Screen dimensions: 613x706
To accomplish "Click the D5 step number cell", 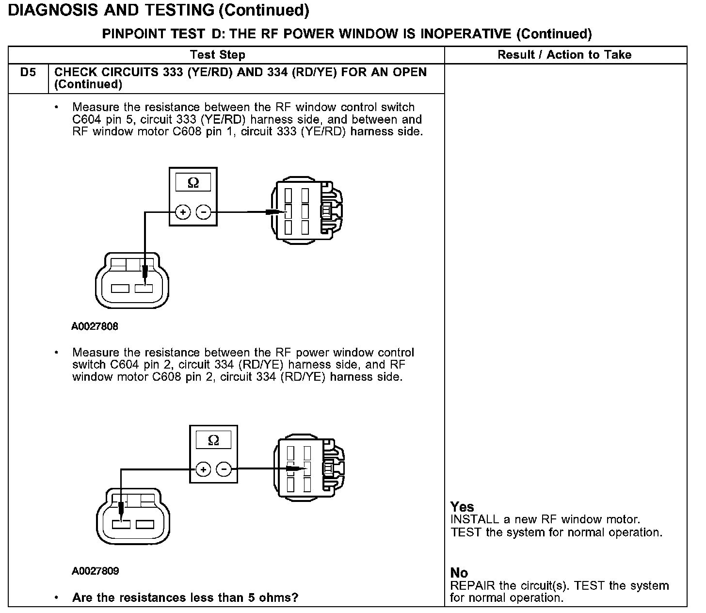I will pyautogui.click(x=28, y=73).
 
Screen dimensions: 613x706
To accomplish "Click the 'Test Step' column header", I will pyautogui.click(x=218, y=55).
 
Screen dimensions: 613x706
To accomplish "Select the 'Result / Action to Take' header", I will pyautogui.click(x=564, y=55).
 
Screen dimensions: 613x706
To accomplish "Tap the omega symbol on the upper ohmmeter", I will pyautogui.click(x=193, y=183).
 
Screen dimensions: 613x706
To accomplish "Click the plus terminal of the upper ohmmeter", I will pyautogui.click(x=182, y=212).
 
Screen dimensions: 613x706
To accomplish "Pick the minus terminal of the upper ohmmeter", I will pyautogui.click(x=203, y=212).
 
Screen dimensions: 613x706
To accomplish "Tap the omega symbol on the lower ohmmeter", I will pyautogui.click(x=213, y=440).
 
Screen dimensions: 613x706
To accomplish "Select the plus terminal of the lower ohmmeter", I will pyautogui.click(x=203, y=469).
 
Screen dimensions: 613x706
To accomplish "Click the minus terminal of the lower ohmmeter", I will pyautogui.click(x=224, y=469).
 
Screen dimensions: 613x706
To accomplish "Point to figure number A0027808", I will pyautogui.click(x=95, y=326).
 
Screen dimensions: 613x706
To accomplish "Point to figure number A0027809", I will pyautogui.click(x=95, y=571).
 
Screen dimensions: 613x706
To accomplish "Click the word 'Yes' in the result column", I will pyautogui.click(x=462, y=507).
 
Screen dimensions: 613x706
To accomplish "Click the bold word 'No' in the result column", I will pyautogui.click(x=459, y=573).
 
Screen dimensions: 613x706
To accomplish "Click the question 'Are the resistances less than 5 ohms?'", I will pyautogui.click(x=185, y=597).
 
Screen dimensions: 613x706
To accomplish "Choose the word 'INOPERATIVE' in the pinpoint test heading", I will pyautogui.click(x=466, y=34).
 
